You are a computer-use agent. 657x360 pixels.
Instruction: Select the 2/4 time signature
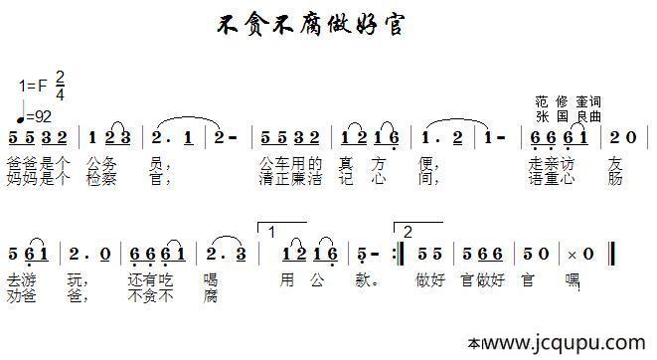pos(60,87)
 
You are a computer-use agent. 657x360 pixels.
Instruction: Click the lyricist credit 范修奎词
pos(568,102)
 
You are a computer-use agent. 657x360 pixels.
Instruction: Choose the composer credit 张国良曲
pos(568,116)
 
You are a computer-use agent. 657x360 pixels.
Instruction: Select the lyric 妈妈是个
pos(37,179)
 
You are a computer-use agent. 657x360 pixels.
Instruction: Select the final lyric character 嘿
pos(572,279)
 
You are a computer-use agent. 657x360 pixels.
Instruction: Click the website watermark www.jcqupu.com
pos(567,343)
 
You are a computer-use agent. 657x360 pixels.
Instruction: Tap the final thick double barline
pos(610,255)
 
